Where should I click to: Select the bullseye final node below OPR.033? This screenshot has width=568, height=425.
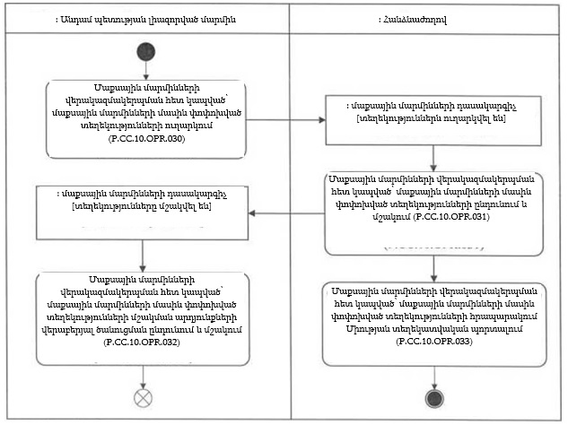433,397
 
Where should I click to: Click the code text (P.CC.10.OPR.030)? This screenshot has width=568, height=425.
145,140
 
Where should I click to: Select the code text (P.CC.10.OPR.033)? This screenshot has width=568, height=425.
433,343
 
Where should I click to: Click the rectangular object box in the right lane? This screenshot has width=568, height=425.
433,119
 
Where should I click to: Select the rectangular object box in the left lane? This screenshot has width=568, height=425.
144,212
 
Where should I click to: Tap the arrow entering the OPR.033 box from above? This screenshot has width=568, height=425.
433,267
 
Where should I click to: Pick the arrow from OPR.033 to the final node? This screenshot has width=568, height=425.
433,377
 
